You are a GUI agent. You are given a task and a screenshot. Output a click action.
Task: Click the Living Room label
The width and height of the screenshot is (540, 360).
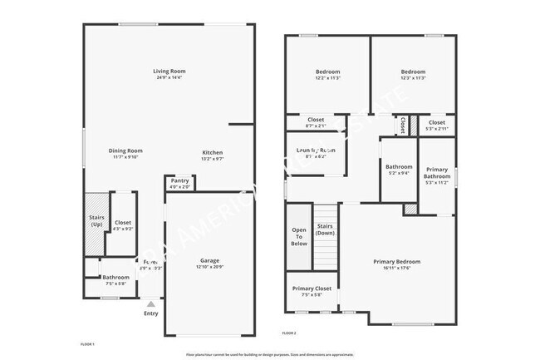[168, 71]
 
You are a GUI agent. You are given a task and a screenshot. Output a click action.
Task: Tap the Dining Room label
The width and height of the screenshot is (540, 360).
[125, 150]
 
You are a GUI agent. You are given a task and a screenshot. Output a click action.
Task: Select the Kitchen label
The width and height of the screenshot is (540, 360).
[213, 152]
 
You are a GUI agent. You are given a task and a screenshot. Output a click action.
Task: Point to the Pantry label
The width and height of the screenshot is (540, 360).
[180, 180]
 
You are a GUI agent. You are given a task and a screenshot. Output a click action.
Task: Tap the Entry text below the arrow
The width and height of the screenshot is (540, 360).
[150, 313]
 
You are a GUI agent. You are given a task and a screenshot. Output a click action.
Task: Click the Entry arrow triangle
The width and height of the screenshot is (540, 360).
[150, 304]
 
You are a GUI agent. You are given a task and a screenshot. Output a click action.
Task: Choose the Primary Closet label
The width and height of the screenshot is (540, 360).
[312, 288]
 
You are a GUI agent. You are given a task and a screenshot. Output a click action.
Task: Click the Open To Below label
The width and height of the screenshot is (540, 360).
[299, 237]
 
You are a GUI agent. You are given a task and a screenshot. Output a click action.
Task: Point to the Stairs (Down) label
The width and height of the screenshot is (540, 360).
[325, 229]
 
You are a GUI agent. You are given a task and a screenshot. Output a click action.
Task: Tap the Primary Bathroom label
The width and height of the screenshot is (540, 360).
[436, 173]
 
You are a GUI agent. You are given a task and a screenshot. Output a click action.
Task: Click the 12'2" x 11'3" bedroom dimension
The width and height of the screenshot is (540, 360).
[328, 78]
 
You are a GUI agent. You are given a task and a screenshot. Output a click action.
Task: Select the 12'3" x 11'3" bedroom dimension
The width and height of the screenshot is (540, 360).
[413, 78]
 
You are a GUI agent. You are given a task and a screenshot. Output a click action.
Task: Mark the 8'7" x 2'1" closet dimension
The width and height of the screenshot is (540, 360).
[316, 126]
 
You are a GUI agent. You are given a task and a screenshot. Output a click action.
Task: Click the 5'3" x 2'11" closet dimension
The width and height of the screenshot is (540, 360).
[436, 129]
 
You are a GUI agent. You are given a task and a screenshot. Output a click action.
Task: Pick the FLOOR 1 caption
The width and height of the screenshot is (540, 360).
[87, 343]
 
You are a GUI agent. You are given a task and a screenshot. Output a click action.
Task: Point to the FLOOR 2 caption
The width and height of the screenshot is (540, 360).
[289, 332]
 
